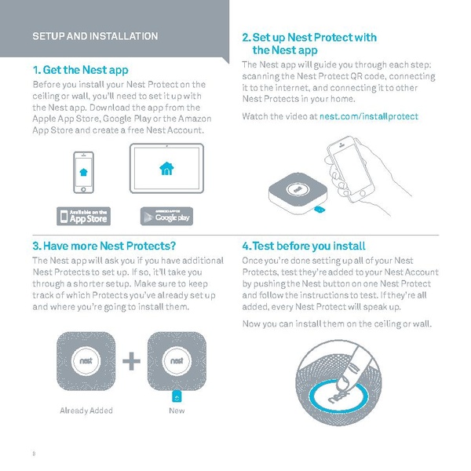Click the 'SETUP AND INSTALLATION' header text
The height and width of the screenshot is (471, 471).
(95, 36)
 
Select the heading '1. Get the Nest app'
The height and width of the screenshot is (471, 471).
(79, 70)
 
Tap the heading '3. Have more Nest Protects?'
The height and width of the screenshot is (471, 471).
(104, 246)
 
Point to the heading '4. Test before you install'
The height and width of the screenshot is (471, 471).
(304, 246)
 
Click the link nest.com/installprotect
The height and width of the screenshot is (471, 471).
(368, 116)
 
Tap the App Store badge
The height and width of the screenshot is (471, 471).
(84, 215)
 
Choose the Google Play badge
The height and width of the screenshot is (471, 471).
(170, 215)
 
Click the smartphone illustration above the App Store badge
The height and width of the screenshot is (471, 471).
(85, 170)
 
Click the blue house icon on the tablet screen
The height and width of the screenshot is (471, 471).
(166, 168)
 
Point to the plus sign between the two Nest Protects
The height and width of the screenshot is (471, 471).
(132, 362)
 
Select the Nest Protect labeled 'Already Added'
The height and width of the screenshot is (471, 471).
(86, 360)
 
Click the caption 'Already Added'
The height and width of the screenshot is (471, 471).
(86, 411)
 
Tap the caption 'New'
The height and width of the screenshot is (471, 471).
(177, 411)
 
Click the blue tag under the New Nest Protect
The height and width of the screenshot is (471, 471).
(177, 395)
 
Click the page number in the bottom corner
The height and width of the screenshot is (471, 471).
(34, 454)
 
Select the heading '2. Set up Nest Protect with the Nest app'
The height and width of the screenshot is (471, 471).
(309, 43)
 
